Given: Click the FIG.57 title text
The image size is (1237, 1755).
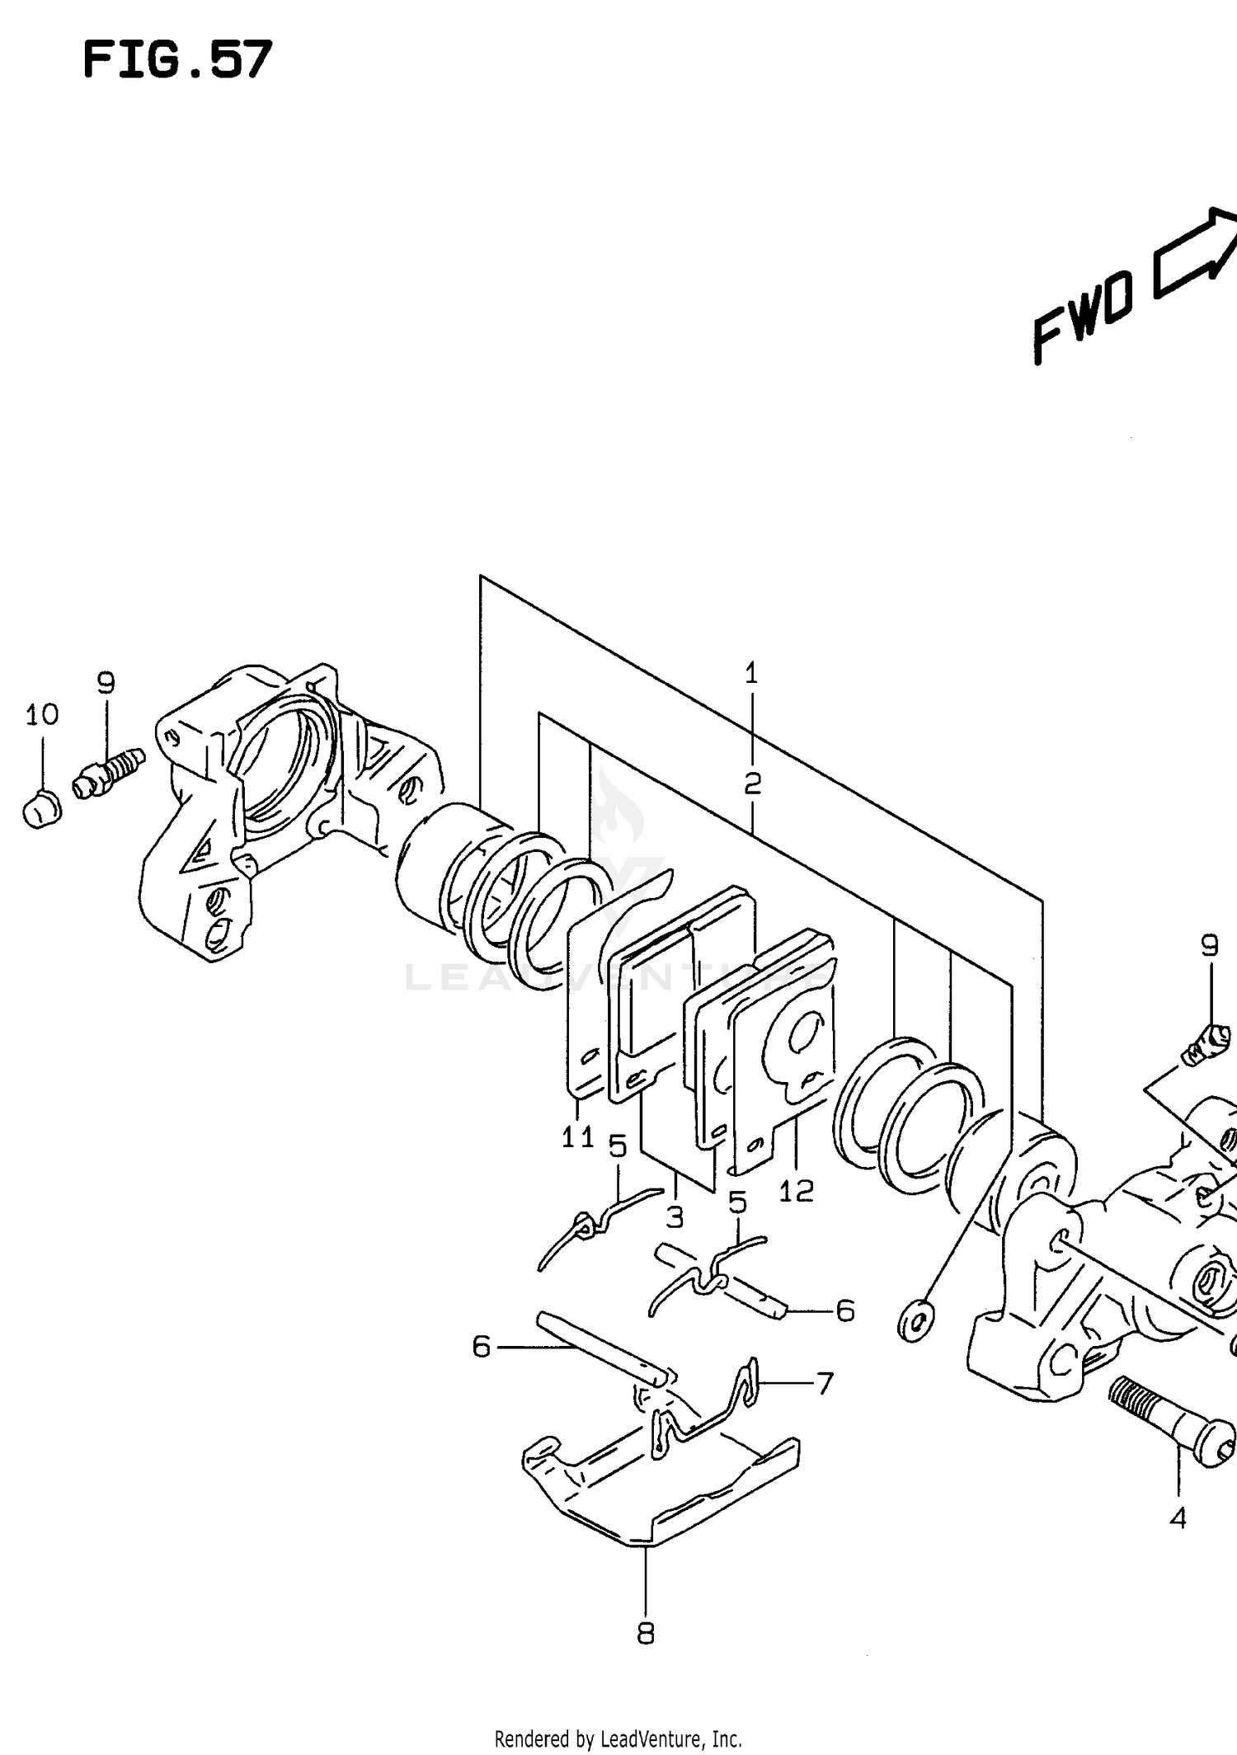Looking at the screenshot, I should pos(177,61).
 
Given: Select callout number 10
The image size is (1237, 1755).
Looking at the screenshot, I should pos(41,714).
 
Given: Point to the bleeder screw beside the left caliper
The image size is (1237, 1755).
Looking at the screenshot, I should pos(109,772).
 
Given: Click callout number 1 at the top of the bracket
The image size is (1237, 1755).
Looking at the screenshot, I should pos(751,674).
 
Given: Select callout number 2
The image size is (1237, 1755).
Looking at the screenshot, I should pos(752,783).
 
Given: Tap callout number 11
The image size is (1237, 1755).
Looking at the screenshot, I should pos(577,1138).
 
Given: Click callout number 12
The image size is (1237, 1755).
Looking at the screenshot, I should pos(796,1190).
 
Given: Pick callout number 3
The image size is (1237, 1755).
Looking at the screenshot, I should pos(675,1217).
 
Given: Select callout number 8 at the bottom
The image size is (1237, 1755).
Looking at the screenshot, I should pos(646,1633).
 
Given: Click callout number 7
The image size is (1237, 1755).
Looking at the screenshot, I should pos(825,1383).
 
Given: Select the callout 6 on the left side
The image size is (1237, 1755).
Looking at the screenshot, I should pos(482,1347).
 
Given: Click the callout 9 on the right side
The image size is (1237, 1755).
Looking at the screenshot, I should pos(1209,945).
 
